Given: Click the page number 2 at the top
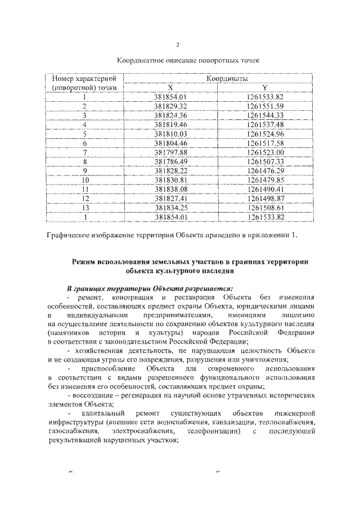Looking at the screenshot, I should [178, 45].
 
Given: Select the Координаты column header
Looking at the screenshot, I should [227, 79].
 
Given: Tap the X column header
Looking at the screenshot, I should [170, 88].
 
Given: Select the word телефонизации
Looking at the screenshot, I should [213, 431].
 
